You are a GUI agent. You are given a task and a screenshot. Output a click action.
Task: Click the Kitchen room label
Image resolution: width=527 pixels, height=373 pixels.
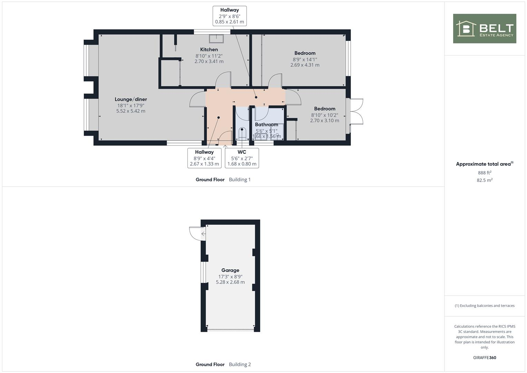click(209, 49)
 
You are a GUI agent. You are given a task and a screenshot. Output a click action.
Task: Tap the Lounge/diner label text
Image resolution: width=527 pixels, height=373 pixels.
click(131, 99)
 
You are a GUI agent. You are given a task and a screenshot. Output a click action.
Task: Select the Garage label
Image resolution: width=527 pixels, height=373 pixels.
click(230, 270)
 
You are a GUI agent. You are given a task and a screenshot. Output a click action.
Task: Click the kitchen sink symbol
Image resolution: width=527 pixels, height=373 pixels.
click(216, 38)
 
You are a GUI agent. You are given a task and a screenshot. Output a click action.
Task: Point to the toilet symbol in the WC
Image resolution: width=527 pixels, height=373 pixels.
click(242, 133)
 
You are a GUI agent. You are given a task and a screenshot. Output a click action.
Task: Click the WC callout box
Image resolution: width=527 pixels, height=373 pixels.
click(242, 158)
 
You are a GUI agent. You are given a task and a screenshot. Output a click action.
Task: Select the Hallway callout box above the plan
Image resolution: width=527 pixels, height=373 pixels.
click(230, 16)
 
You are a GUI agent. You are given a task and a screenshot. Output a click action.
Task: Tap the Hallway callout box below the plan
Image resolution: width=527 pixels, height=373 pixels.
click(204, 158)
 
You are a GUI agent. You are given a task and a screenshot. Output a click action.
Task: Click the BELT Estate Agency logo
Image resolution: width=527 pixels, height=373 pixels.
click(485, 28)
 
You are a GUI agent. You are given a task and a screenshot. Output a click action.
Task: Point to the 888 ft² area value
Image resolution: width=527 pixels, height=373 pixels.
click(485, 173)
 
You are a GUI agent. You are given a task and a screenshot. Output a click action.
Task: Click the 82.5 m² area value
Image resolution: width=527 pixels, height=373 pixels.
click(485, 180)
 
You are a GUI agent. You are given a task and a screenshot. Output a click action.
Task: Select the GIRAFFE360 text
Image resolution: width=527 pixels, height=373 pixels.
click(485, 358)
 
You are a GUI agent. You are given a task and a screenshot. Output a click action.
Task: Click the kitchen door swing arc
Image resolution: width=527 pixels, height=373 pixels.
click(223, 79)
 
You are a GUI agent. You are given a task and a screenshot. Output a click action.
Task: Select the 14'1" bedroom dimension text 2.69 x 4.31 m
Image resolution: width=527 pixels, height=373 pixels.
click(305, 65)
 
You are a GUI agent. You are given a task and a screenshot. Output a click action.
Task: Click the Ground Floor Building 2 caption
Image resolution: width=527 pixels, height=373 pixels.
click(223, 364)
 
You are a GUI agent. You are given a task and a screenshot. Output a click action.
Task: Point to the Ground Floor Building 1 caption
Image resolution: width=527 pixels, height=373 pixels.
click(223, 180)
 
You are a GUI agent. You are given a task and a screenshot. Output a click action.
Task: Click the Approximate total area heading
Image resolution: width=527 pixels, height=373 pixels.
click(484, 164)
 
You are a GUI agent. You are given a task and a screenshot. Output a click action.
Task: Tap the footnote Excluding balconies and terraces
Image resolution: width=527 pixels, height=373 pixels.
click(485, 306)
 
